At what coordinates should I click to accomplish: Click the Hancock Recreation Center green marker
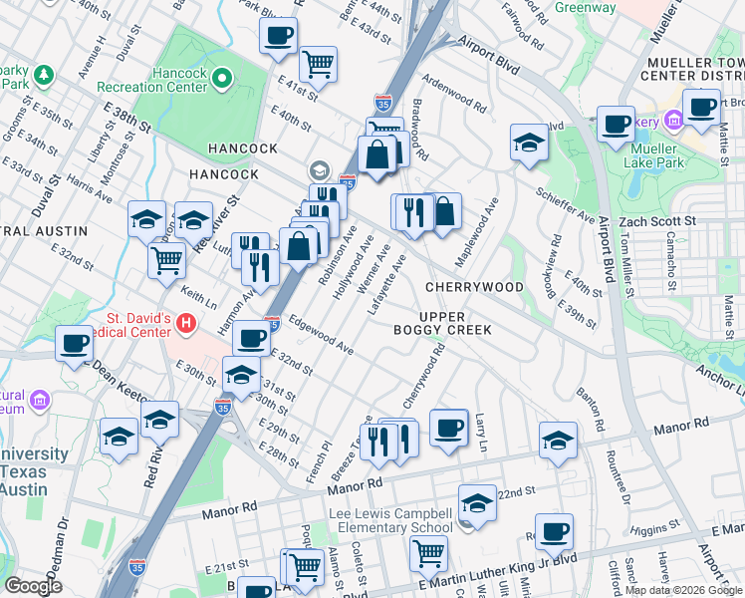[x=221, y=77]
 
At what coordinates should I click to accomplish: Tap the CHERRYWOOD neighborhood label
[x=474, y=287]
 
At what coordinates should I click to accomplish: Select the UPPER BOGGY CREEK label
[x=442, y=322]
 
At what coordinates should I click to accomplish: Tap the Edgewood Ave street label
[x=321, y=337]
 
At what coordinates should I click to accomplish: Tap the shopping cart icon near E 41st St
[x=318, y=64]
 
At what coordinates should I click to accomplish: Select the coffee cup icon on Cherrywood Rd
[x=449, y=428]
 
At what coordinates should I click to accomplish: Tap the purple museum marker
[x=41, y=401]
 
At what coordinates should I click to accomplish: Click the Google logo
[x=34, y=585]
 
